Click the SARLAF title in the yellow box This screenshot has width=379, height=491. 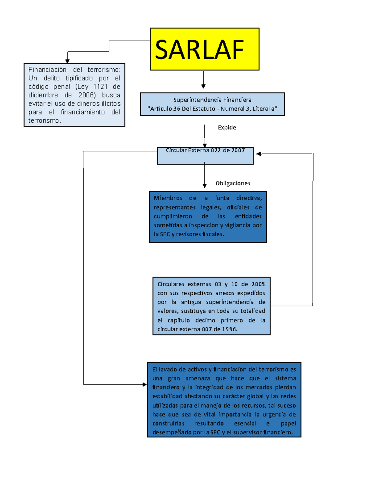click(199, 50)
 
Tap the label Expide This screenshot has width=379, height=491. click(227, 127)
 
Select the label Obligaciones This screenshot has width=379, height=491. click(233, 183)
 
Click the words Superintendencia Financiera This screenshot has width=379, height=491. click(212, 100)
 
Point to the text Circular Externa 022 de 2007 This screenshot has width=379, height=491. click(205, 150)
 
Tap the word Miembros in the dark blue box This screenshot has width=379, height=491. click(168, 198)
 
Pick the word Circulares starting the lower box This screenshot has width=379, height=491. click(171, 284)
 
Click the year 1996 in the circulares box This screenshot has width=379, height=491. click(229, 329)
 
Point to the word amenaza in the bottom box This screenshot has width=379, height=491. click(198, 378)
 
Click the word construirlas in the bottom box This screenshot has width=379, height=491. click(168, 423)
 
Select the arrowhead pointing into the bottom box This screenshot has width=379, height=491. click(145, 384)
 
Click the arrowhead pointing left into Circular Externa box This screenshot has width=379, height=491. click(259, 154)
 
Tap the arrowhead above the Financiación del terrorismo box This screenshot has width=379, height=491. click(67, 61)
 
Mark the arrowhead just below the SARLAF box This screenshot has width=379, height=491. click(203, 86)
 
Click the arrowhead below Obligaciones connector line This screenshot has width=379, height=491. click(205, 186)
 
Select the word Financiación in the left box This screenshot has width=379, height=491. click(47, 70)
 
